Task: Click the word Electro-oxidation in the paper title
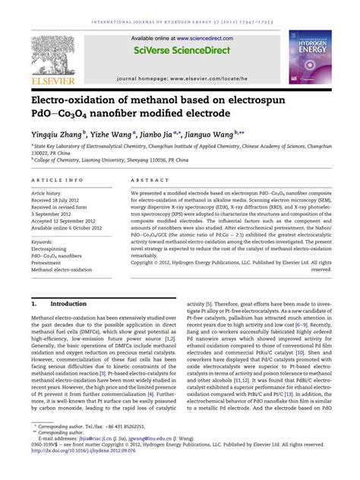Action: (70, 99)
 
